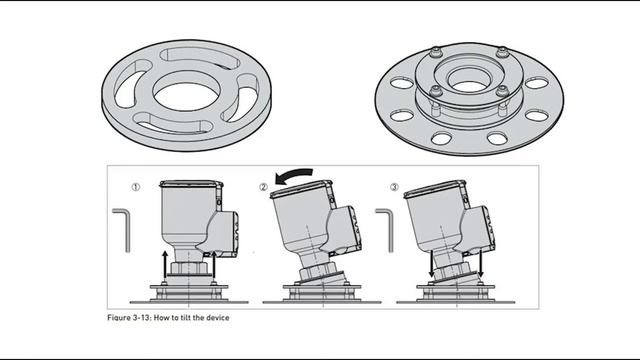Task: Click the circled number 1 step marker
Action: point(136,187)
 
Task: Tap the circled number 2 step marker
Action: point(264,187)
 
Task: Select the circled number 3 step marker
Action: point(394,187)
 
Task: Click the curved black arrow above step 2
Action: point(293,176)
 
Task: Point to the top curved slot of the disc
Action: point(200,58)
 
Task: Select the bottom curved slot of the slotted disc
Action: point(171,124)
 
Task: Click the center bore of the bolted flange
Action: point(469,81)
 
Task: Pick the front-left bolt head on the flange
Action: point(436,91)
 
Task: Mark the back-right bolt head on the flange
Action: point(502,52)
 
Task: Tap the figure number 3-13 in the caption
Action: point(142,318)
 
